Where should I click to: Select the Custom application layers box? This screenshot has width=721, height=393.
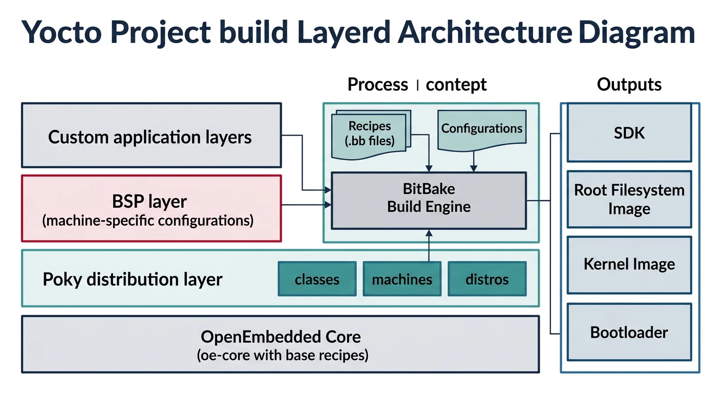[x=151, y=135]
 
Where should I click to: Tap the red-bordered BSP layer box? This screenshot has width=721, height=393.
[x=151, y=208]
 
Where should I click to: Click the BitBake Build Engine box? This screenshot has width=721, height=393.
[x=429, y=200]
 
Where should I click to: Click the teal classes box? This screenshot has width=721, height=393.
[x=317, y=279]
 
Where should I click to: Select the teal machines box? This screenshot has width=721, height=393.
[x=401, y=279]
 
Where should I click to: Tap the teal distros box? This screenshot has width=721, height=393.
[x=487, y=279]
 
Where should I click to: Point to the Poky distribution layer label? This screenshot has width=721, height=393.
[x=133, y=279]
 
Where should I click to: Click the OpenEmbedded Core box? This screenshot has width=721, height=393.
[x=280, y=344]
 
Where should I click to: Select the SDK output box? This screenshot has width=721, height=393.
[x=629, y=133]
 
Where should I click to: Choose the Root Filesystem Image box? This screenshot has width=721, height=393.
[x=629, y=199]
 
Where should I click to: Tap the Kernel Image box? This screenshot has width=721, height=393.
[x=629, y=265]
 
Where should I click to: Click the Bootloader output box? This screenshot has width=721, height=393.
[x=629, y=332]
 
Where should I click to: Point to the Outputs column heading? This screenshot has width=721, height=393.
[x=629, y=84]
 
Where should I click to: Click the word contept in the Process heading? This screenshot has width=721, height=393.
[x=456, y=84]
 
